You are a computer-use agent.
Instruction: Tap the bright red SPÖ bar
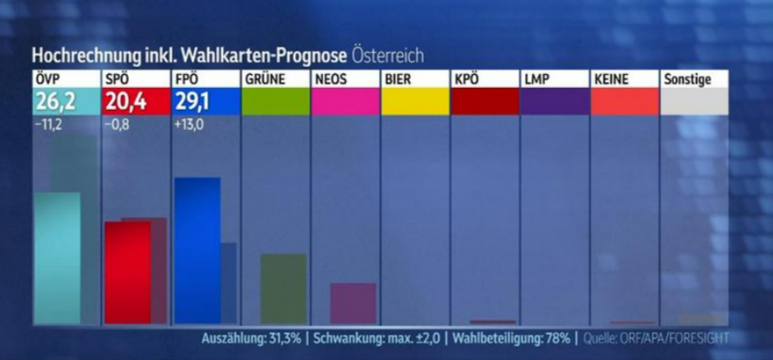pyautogui.click(x=126, y=272)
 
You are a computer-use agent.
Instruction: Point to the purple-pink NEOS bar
pyautogui.click(x=353, y=303)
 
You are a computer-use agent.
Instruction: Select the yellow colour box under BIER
pyautogui.click(x=415, y=101)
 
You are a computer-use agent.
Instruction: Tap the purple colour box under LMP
pyautogui.click(x=554, y=101)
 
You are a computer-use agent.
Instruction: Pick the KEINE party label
pyautogui.click(x=611, y=79)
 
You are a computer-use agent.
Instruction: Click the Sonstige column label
pyautogui.click(x=687, y=79)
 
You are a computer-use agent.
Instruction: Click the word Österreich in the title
pyautogui.click(x=387, y=54)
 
